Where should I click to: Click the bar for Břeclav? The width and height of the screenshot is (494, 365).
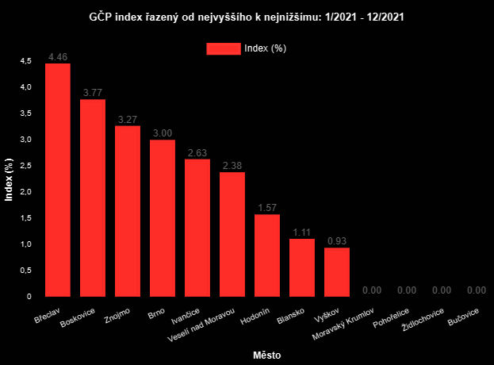click(x=58, y=180)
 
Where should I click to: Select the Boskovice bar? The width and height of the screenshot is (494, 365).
click(x=93, y=198)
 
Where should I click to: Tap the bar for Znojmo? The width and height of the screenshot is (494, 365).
click(x=128, y=211)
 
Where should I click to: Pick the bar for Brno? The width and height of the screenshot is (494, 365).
click(x=163, y=218)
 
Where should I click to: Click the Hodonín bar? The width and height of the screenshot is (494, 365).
click(x=267, y=255)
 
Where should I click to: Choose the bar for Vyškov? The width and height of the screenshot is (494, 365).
click(x=337, y=272)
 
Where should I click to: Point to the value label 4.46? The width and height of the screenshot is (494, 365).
click(x=58, y=57)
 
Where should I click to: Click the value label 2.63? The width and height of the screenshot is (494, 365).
click(x=197, y=153)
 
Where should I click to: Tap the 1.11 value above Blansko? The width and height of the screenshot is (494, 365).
click(x=302, y=232)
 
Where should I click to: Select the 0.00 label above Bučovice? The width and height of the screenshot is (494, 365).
click(x=477, y=290)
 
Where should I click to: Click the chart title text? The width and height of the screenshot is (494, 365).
click(x=247, y=16)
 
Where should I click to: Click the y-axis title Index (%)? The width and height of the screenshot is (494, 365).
click(x=10, y=180)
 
